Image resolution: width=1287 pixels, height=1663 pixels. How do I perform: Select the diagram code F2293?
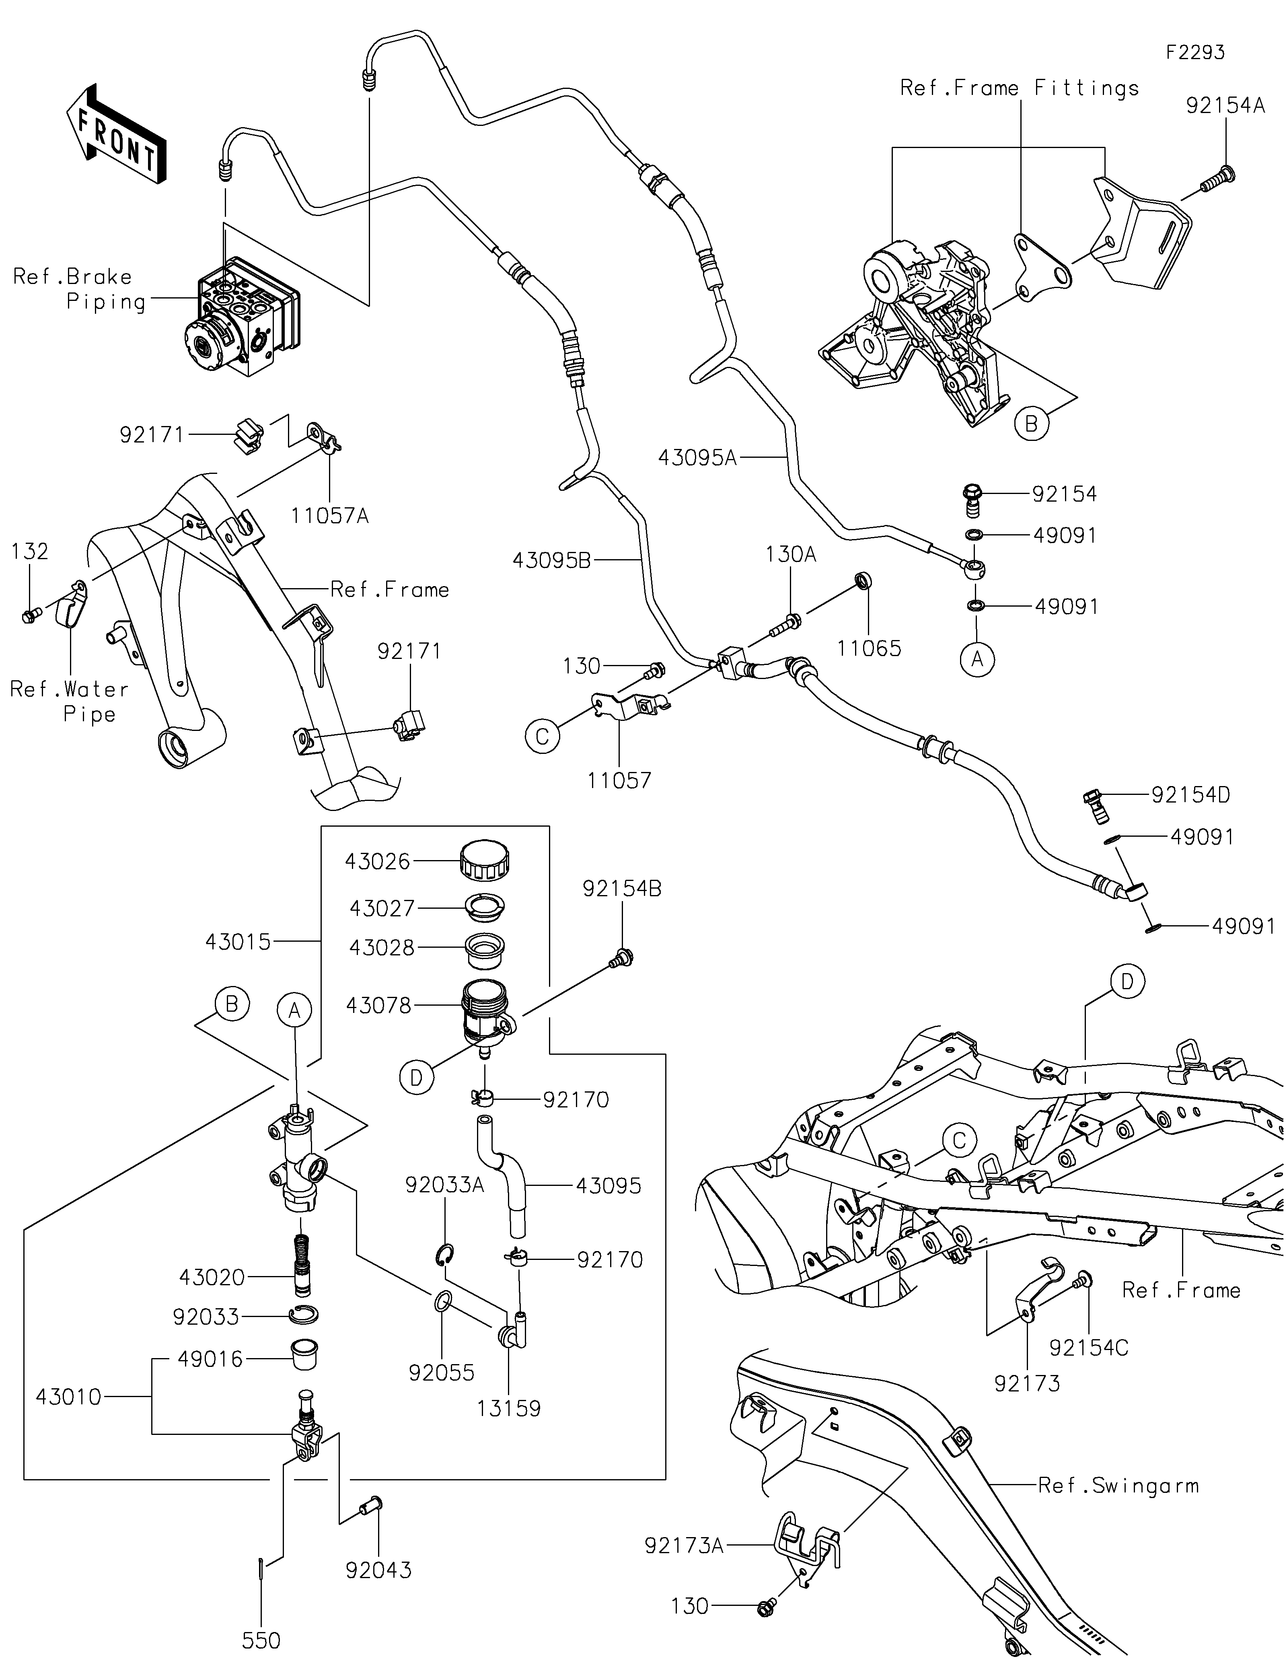pyautogui.click(x=1195, y=53)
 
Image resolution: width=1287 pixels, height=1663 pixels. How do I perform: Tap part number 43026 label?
pyautogui.click(x=378, y=861)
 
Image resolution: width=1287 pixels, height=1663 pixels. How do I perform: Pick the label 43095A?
pyautogui.click(x=697, y=458)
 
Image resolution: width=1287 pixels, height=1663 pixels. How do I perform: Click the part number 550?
pyautogui.click(x=261, y=1639)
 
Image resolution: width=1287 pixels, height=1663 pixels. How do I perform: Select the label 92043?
pyautogui.click(x=378, y=1569)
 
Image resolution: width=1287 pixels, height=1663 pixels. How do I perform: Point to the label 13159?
pyautogui.click(x=508, y=1408)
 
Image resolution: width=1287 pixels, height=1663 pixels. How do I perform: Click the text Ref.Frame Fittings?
pyautogui.click(x=1019, y=89)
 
